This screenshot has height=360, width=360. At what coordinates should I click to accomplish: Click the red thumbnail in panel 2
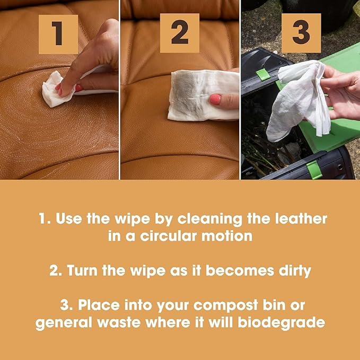tap(215, 100)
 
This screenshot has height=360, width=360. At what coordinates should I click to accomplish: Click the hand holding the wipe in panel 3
tap(342, 93)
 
